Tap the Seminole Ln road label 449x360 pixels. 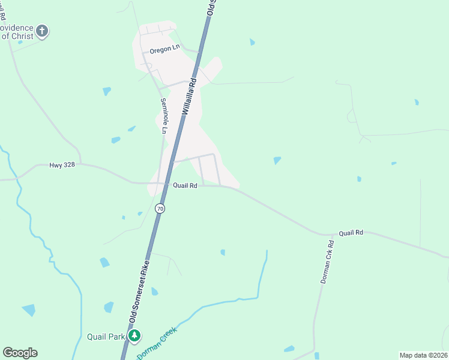[164, 115]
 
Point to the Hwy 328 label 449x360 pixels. [64, 164]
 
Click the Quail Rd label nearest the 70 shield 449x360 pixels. [185, 186]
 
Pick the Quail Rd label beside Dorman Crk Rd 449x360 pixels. [351, 232]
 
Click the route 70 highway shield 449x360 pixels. [159, 208]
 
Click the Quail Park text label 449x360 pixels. [106, 336]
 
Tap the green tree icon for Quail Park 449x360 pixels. [136, 336]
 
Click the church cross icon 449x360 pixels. [42, 30]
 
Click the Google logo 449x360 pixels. [20, 353]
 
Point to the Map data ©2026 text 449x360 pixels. [423, 355]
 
